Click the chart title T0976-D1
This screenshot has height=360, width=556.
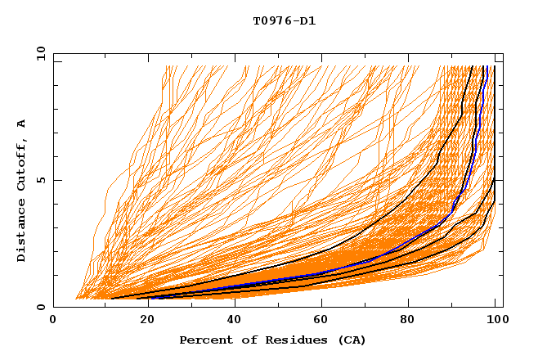coord(284,21)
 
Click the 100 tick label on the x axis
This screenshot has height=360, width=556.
coord(496,321)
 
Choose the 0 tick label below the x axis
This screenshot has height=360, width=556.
coord(54,321)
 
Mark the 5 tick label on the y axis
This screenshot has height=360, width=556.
coord(40,180)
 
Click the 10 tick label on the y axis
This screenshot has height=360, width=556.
coord(38,53)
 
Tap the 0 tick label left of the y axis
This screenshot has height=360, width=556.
coord(40,307)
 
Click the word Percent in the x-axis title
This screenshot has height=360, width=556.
coord(204,340)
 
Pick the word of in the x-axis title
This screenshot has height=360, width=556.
coord(244,340)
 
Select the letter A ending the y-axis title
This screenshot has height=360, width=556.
coord(21,124)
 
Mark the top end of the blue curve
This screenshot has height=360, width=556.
coord(485,67)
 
